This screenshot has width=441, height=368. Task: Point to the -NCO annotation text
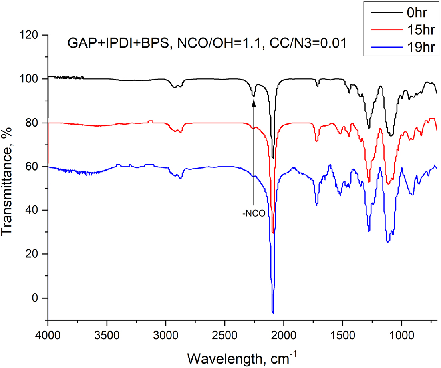[x=254, y=213]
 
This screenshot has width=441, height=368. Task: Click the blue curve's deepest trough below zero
[x=273, y=312]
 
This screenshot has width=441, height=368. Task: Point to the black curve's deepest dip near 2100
[x=273, y=157]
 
